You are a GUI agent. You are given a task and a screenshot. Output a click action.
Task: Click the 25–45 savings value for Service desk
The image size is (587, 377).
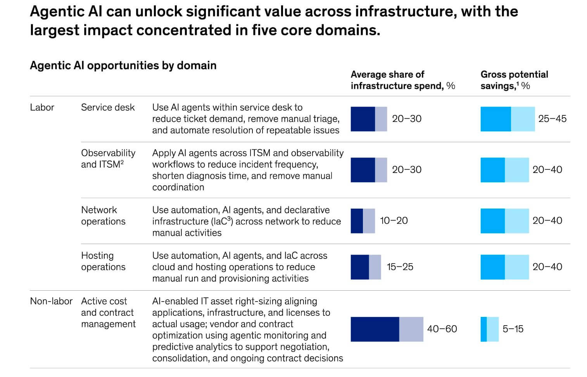point(552,119)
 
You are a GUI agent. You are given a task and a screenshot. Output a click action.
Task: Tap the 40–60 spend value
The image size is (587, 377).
point(442,329)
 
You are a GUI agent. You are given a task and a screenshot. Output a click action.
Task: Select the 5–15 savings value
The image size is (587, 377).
point(513,329)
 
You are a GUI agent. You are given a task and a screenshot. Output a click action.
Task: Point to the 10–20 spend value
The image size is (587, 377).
point(394,221)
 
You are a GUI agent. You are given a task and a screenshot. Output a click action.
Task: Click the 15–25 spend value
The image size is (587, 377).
point(400,267)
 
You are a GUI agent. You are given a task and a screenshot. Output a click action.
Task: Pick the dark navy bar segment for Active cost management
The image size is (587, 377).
point(375,329)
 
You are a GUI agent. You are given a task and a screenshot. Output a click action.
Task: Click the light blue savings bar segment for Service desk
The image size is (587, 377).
point(523,119)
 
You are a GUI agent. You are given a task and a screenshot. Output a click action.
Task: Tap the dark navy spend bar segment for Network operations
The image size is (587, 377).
point(357,221)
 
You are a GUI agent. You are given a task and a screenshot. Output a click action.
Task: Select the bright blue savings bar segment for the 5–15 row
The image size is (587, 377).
point(483,329)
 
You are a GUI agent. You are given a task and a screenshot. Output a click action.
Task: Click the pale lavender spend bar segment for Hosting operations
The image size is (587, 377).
point(375,267)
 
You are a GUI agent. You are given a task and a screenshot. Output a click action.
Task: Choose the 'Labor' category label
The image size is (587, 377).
point(42,107)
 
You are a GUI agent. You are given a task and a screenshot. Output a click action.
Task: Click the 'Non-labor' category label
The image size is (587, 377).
point(51,301)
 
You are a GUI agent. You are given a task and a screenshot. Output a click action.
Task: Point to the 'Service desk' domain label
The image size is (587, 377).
point(108,107)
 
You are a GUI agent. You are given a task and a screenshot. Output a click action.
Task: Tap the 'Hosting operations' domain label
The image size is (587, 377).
point(103,261)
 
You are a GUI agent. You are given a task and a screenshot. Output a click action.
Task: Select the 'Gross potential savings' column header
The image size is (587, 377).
point(514,80)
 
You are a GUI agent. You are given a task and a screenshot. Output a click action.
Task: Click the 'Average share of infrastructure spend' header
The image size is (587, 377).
point(403,80)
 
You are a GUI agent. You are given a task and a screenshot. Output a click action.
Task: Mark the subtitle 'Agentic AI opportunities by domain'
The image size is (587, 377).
point(123,65)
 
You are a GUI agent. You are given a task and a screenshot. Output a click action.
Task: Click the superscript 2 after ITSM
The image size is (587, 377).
point(122,162)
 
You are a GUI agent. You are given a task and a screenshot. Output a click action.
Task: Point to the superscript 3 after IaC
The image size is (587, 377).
point(229,219)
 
